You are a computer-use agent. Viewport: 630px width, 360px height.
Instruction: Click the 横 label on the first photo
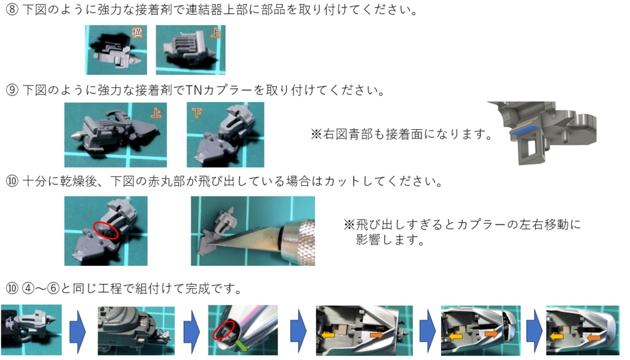(x=137, y=33)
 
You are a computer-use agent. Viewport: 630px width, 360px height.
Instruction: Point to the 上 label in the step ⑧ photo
(x=215, y=34)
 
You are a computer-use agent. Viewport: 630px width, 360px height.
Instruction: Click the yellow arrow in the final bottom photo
(x=556, y=337)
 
